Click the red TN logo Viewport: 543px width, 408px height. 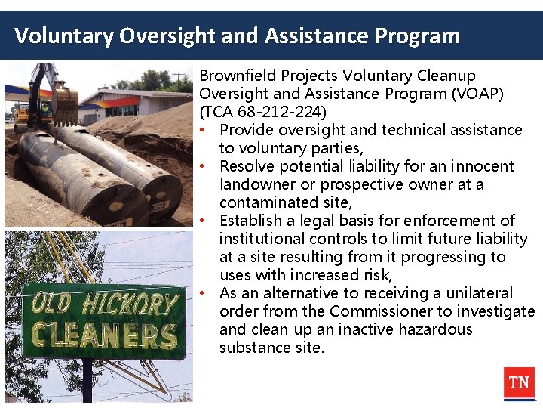[519, 383]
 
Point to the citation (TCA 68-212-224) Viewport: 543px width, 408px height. [263, 112]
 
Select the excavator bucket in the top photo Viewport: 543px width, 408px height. [65, 104]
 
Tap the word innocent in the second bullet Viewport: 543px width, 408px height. [483, 166]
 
